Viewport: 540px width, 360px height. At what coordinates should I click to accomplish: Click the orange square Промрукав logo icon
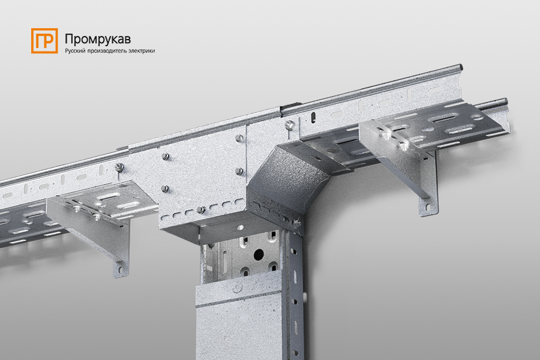pos(44,41)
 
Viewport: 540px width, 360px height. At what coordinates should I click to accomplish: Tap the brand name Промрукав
pos(98,39)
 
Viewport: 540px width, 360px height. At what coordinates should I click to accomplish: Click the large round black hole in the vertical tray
pos(259,254)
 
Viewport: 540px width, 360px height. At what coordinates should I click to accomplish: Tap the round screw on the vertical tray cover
pos(238,286)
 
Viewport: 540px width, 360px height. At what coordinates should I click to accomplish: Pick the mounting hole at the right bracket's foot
pos(427,208)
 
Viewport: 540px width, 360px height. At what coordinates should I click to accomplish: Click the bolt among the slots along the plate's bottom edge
pos(201,209)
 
